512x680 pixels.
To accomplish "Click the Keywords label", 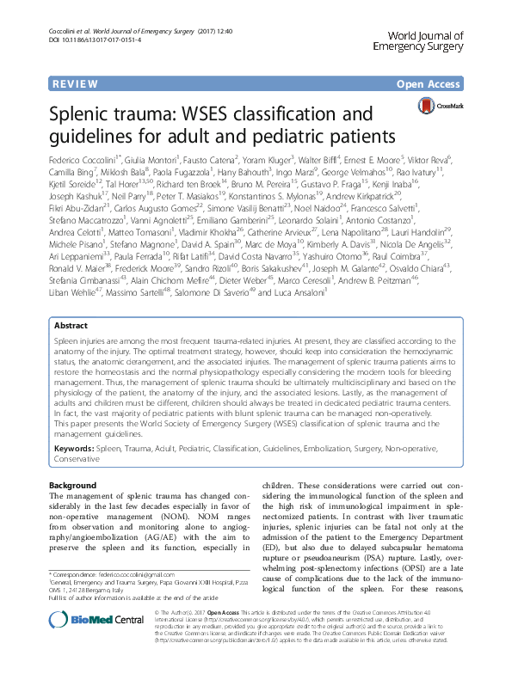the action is [73, 450].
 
